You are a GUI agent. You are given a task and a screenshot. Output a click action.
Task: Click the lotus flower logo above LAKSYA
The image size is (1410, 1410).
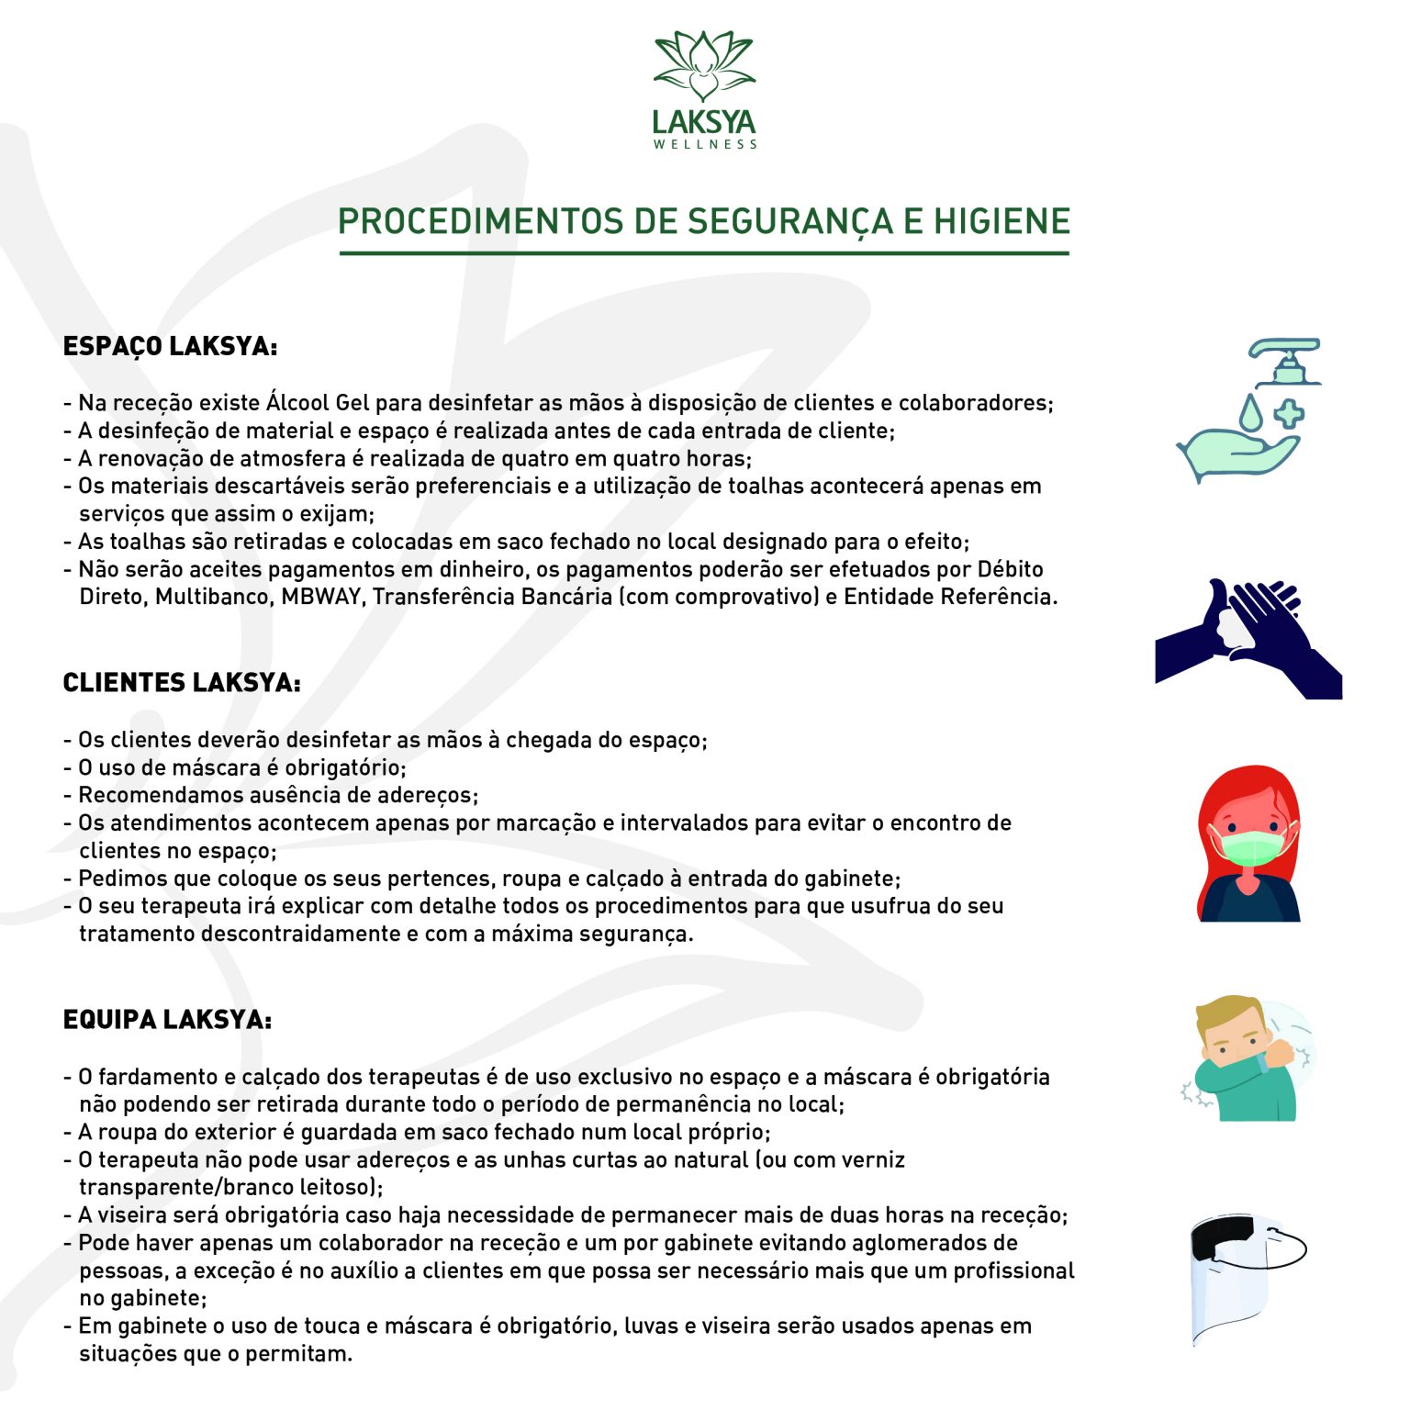pyautogui.click(x=704, y=66)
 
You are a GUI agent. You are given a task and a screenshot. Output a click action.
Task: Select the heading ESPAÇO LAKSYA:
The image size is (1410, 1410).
pyautogui.click(x=170, y=347)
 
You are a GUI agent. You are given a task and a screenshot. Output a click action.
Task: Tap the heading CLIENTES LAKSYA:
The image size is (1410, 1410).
pyautogui.click(x=182, y=683)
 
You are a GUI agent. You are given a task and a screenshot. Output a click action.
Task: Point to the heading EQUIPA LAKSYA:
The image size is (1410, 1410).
pyautogui.click(x=167, y=1020)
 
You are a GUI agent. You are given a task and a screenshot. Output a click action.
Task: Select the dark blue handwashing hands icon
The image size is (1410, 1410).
pyautogui.click(x=1248, y=638)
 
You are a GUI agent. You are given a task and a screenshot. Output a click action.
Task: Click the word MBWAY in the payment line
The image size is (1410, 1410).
pyautogui.click(x=321, y=597)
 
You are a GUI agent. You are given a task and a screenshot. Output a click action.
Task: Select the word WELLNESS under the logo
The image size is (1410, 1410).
pyautogui.click(x=705, y=144)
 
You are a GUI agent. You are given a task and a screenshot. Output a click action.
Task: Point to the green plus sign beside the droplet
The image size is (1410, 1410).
pyautogui.click(x=1289, y=413)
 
